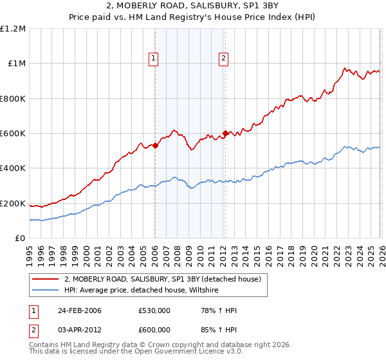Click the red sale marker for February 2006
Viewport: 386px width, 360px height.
point(155,145)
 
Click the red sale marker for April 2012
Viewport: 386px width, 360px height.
point(225,133)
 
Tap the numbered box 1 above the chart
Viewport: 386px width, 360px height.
point(154,59)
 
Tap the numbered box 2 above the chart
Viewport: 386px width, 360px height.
point(223,59)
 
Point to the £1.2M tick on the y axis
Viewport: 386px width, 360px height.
point(13,29)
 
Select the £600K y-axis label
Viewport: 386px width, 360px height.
point(13,134)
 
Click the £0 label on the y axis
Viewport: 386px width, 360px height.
point(19,239)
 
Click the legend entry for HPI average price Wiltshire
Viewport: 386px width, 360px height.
point(142,290)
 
